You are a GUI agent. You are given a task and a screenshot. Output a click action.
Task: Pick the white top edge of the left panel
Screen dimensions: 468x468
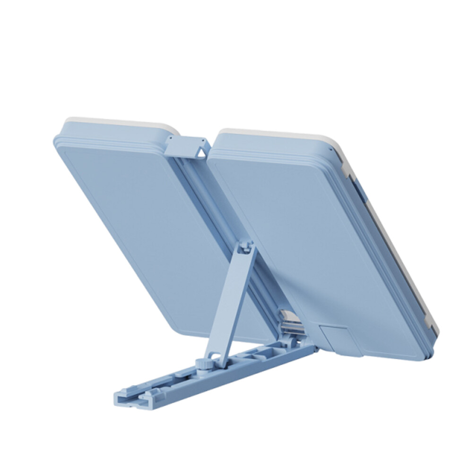pyautogui.click(x=118, y=122)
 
